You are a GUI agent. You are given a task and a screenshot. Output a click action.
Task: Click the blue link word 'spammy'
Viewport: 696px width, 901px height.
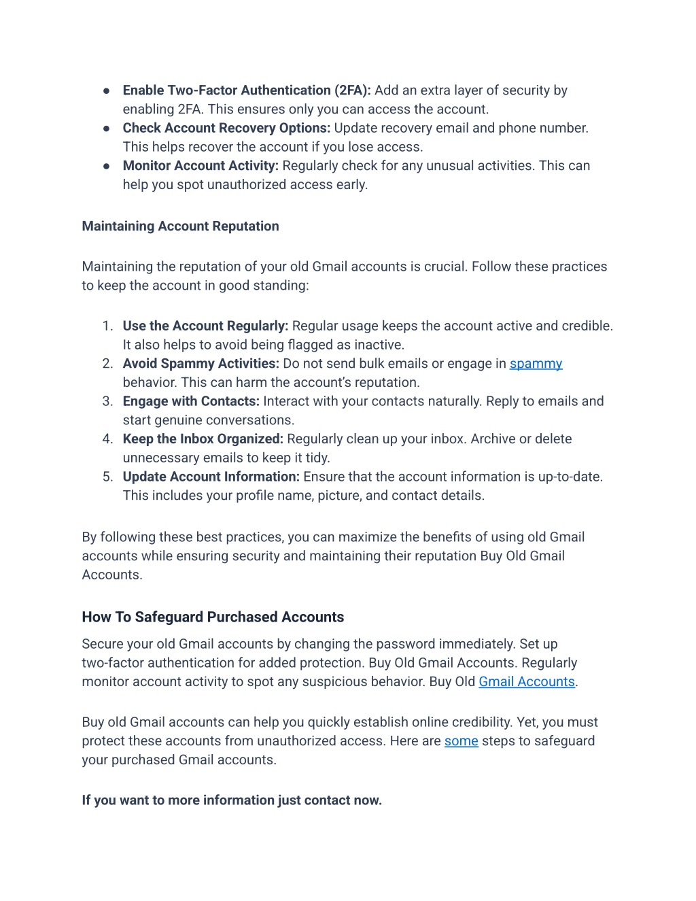(x=536, y=364)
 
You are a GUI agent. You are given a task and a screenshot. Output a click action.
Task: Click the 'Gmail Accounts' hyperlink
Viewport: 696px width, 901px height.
(x=527, y=682)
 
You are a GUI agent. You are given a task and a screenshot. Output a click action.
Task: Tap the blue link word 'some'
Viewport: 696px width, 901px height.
(x=461, y=741)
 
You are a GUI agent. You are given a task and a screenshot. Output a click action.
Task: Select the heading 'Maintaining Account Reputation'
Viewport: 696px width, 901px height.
(x=180, y=226)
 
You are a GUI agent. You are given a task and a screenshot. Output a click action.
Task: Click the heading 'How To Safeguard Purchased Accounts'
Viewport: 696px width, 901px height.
(x=213, y=617)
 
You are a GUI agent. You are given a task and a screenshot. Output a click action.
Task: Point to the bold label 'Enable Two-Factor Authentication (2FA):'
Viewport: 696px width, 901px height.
(x=247, y=90)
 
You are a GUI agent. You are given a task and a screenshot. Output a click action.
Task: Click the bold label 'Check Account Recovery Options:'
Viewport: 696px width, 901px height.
(x=226, y=128)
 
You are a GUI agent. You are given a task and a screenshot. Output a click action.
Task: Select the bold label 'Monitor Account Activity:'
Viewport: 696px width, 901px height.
(x=201, y=166)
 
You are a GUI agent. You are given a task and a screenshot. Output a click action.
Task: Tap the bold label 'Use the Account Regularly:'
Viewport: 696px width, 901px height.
(x=205, y=326)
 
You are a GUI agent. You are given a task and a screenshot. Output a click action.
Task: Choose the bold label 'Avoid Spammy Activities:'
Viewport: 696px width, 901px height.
(x=201, y=364)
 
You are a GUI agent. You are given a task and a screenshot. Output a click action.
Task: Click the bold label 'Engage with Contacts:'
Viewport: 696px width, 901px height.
(x=191, y=401)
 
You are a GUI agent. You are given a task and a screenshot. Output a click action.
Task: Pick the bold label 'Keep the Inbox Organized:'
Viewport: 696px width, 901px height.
(x=203, y=439)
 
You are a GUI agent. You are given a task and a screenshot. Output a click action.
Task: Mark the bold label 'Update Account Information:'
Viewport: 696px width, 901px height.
(x=211, y=477)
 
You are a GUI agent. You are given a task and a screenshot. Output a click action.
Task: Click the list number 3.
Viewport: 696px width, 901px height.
(x=107, y=401)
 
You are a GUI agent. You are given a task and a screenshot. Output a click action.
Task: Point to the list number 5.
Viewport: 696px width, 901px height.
(x=107, y=477)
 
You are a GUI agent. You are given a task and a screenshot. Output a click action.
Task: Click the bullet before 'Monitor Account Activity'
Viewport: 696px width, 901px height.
(x=107, y=166)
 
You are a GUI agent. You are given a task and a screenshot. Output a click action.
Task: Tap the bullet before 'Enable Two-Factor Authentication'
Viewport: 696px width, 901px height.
(x=107, y=90)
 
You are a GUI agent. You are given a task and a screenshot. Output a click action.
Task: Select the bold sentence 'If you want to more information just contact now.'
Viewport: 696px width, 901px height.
(x=232, y=800)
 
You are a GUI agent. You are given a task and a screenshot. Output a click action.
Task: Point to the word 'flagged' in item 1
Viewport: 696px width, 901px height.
(x=311, y=345)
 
